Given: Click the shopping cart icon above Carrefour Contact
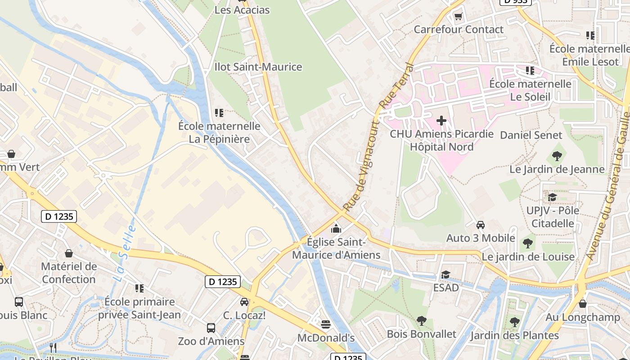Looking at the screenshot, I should tap(458, 17).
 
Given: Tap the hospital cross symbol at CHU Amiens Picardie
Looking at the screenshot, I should tap(441, 120).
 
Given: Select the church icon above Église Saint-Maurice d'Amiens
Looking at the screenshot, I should tap(336, 229).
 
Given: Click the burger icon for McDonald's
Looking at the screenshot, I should tap(326, 324).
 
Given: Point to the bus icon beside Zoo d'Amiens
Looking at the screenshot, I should tap(211, 328).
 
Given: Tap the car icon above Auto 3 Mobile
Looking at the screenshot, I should tap(481, 225).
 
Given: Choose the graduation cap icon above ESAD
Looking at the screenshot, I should tap(445, 274).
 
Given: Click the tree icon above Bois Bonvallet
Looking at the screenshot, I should tap(422, 321).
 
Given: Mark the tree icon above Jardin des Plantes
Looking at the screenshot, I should tap(515, 322).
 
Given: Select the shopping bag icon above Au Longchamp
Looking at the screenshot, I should tap(583, 304).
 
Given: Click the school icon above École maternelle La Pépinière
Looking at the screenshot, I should tap(219, 112).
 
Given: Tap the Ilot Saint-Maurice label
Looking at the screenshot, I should tap(258, 67).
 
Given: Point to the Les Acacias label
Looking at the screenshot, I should tap(242, 10).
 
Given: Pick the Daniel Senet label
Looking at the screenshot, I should tap(531, 135).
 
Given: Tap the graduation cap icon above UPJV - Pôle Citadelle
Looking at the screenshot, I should tap(552, 197).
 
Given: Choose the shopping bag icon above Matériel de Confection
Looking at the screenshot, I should tap(69, 253).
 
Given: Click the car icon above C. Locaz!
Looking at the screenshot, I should tap(244, 301).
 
